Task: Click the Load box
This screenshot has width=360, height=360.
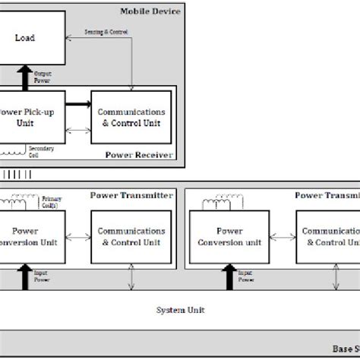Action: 30,36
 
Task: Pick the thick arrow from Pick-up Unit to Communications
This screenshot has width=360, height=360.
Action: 77,104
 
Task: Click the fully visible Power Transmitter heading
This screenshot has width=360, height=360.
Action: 131,194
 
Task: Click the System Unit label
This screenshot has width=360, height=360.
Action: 179,310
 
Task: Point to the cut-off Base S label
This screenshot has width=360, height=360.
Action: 345,349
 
